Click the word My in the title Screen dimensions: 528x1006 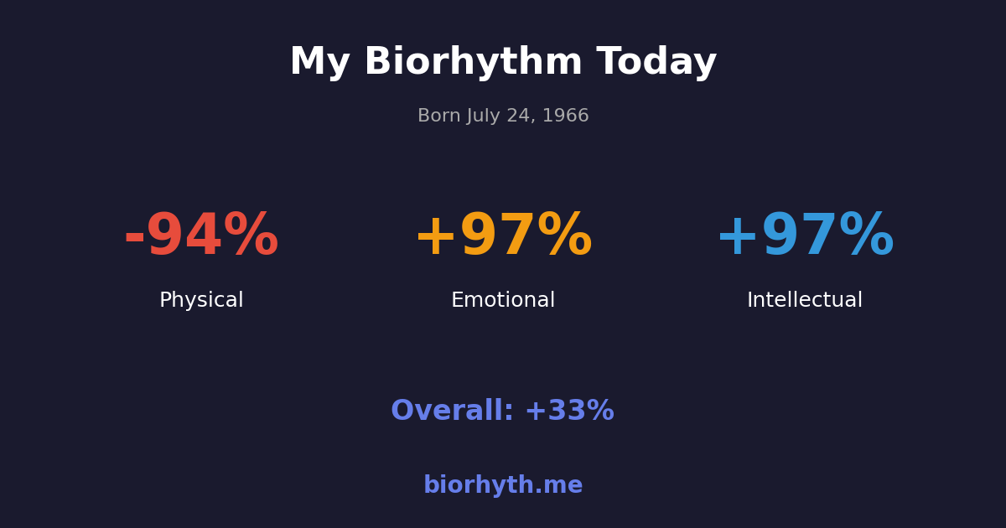tap(319, 63)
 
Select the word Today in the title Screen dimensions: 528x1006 tap(656, 63)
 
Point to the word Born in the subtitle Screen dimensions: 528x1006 tap(438, 116)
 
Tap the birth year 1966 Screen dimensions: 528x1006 tap(566, 116)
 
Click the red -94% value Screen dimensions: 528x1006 tap(201, 236)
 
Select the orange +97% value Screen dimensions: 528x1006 tap(503, 236)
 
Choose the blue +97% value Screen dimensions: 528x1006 tap(805, 236)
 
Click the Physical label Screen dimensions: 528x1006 tap(201, 300)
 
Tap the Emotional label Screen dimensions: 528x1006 tap(503, 300)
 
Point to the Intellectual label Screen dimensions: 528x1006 tap(805, 300)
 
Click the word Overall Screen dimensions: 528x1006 tap(452, 412)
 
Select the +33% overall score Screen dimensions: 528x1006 tap(569, 412)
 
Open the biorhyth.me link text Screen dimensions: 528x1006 tap(503, 486)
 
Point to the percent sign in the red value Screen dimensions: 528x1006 tap(251, 236)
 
